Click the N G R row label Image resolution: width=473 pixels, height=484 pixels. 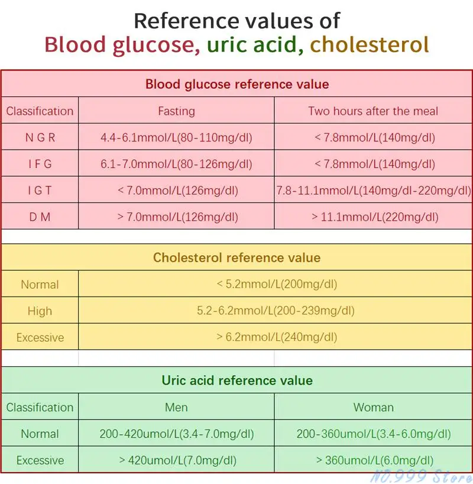(40, 138)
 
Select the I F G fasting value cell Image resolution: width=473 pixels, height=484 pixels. (176, 164)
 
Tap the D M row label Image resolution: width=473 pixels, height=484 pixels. (40, 217)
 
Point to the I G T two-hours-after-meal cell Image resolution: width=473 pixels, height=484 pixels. (374, 191)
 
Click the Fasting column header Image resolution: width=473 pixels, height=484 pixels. (176, 111)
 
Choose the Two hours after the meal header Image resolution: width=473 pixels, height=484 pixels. (374, 111)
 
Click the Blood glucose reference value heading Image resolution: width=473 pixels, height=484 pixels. (237, 84)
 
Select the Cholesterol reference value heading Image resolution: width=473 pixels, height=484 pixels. (237, 258)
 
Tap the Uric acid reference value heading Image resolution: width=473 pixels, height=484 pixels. (237, 380)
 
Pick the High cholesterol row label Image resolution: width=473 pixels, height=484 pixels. (40, 311)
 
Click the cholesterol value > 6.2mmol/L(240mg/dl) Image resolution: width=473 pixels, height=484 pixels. (276, 337)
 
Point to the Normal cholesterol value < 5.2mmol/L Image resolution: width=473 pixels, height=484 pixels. (276, 285)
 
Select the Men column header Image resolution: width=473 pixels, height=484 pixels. (176, 408)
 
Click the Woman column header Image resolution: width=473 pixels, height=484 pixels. (374, 408)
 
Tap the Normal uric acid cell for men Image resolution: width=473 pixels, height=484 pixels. (176, 434)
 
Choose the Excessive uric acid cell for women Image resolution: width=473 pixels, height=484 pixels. (374, 460)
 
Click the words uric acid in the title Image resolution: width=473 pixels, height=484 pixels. (254, 45)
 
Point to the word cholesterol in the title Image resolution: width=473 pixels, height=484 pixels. (369, 45)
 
